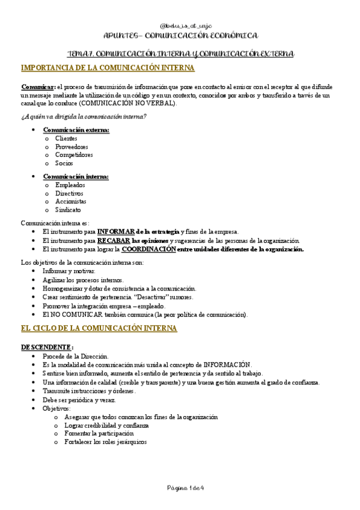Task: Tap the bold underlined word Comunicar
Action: pos(38,87)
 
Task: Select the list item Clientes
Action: pos(66,138)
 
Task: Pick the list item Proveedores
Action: pos(72,147)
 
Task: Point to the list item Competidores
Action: pos(74,155)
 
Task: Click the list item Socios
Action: pos(64,163)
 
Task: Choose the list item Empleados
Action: pos(70,185)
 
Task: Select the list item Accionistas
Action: pos(71,201)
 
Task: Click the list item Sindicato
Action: pos(68,210)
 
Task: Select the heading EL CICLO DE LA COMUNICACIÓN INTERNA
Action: pos(99,328)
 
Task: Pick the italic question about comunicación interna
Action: pos(84,116)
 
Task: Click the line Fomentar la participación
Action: pos(99,433)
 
